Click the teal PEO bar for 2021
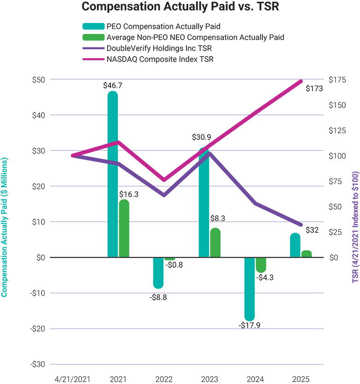point(113,174)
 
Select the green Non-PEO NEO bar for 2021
point(124,228)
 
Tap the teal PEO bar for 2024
point(250,289)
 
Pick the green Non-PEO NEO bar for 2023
point(215,242)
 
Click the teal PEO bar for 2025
point(295,245)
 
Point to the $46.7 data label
point(113,86)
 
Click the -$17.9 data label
point(250,325)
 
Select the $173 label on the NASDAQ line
point(314,88)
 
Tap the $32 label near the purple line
point(312,230)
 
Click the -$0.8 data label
point(174,265)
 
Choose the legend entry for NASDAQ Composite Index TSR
point(148,59)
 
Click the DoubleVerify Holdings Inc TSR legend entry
point(147,48)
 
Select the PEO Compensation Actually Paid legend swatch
point(93,26)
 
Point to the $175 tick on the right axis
point(337,80)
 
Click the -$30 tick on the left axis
point(38,364)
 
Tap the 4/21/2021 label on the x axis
point(72,379)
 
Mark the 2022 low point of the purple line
point(164,195)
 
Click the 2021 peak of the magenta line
point(118,142)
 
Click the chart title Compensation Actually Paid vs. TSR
point(180,6)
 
